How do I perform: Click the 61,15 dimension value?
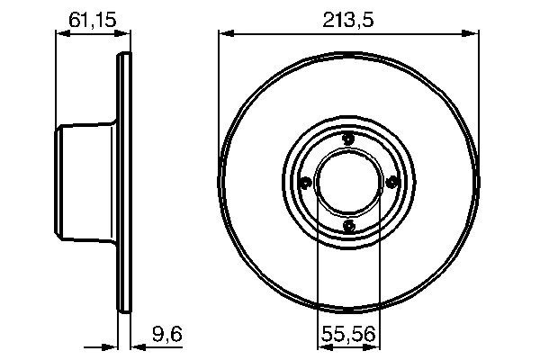click(90, 17)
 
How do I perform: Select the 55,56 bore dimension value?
click(348, 334)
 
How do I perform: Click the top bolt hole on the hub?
click(348, 138)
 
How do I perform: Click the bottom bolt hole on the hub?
click(348, 225)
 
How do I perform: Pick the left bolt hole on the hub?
click(305, 183)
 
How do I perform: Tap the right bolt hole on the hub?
click(391, 182)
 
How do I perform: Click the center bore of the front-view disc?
click(348, 182)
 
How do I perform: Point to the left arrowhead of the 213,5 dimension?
click(225, 34)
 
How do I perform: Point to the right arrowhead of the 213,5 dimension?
click(472, 34)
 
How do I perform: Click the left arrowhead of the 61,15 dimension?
click(62, 34)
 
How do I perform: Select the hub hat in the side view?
click(85, 182)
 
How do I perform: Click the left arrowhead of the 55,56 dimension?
click(323, 345)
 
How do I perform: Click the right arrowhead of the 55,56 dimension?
click(373, 345)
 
